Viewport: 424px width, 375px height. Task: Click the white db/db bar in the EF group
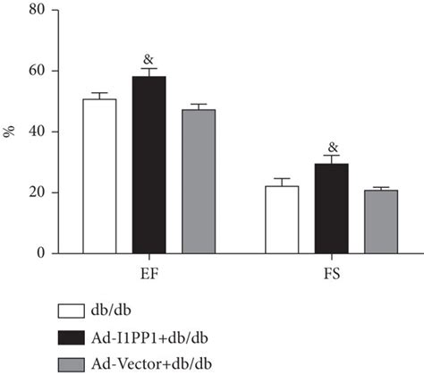99,176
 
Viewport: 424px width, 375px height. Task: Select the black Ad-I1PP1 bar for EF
148,166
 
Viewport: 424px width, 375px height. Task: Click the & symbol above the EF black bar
148,60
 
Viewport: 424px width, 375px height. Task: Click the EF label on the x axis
149,269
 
